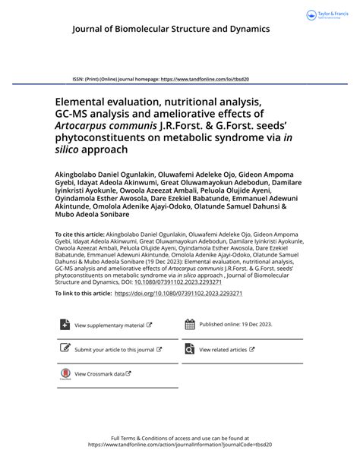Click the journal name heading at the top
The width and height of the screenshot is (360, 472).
[x=171, y=29]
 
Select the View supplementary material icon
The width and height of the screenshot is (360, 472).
[x=64, y=325]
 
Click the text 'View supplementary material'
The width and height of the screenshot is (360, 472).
[x=109, y=326]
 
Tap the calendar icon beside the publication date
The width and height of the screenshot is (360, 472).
[x=190, y=324]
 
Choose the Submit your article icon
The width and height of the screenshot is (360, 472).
[x=64, y=349]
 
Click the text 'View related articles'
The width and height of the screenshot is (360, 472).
[x=223, y=350]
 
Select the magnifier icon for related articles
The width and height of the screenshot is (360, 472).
[x=190, y=349]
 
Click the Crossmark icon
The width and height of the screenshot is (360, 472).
[x=64, y=374]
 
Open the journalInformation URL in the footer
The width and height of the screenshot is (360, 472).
[x=179, y=445]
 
